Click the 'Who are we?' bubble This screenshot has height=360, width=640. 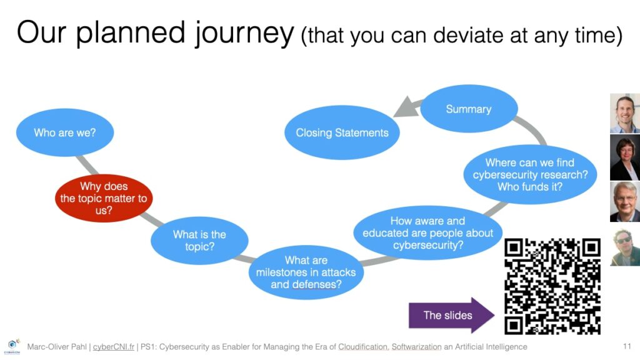(65, 132)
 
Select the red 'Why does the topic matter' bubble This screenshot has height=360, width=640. (104, 198)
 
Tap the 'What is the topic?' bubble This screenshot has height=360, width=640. (199, 241)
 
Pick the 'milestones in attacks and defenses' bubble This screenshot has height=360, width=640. (306, 272)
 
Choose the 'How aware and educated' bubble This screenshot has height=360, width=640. (427, 233)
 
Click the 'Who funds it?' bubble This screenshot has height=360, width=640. (530, 175)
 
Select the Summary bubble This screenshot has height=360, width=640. (469, 109)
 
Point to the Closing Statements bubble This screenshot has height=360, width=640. (342, 132)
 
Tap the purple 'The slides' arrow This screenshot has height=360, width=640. (451, 315)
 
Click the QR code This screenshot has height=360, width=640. (552, 286)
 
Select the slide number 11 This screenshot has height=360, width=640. (627, 346)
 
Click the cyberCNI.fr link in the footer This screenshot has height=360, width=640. (114, 346)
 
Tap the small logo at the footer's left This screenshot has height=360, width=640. (12, 346)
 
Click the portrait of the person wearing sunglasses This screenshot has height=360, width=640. (625, 247)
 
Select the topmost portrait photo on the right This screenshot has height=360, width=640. (625, 114)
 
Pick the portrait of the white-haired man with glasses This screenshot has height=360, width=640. (625, 202)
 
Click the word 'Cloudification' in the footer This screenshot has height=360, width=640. (363, 346)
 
